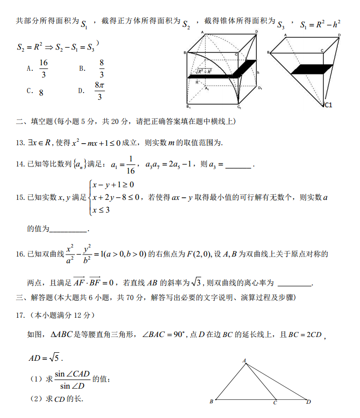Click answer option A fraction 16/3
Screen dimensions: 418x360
click(x=44, y=68)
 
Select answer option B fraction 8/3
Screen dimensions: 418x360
click(x=101, y=68)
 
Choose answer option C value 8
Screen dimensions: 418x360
click(x=41, y=93)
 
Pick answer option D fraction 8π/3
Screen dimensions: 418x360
click(x=100, y=91)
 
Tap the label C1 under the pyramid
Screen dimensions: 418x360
click(x=328, y=105)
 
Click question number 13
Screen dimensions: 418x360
click(x=21, y=143)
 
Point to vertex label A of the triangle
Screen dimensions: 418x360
click(x=245, y=361)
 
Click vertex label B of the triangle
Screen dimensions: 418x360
click(x=211, y=402)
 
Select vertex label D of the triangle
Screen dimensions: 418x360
click(x=308, y=402)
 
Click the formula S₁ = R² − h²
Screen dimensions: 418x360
click(x=320, y=24)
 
